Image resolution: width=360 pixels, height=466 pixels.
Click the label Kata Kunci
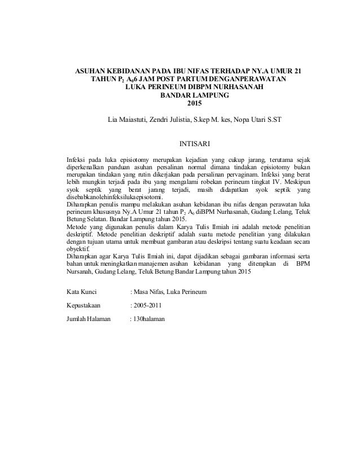coord(82,292)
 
